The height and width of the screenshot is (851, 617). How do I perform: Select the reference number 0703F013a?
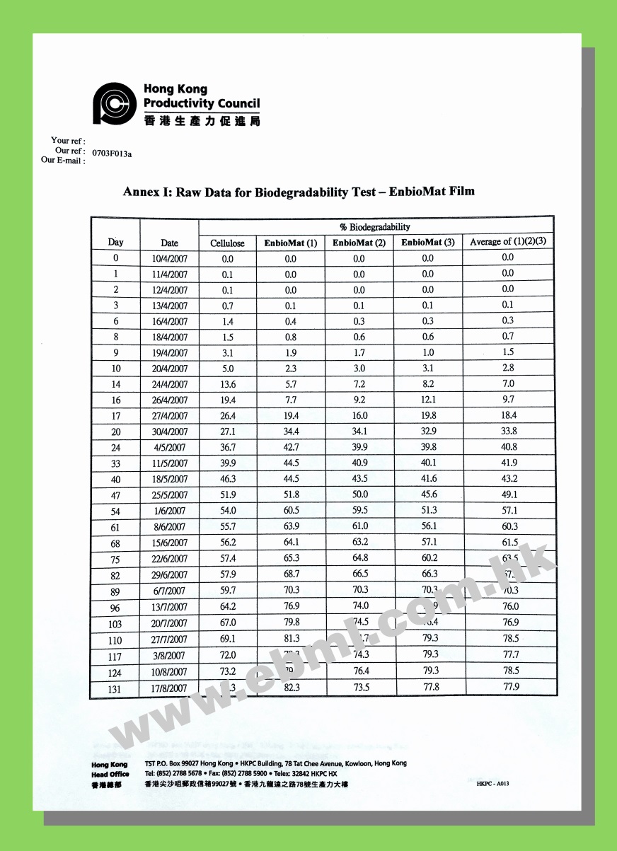pyautogui.click(x=112, y=153)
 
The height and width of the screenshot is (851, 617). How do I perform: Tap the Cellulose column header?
pyautogui.click(x=227, y=243)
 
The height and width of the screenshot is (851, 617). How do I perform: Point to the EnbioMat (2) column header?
pyautogui.click(x=359, y=243)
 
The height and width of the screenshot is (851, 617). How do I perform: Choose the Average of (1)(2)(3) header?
pyautogui.click(x=508, y=242)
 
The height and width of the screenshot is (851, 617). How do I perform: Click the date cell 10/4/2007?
pyautogui.click(x=170, y=259)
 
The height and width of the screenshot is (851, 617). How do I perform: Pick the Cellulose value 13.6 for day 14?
pyautogui.click(x=227, y=385)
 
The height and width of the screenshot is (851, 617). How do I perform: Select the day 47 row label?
pyautogui.click(x=115, y=495)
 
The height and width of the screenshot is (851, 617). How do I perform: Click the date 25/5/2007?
pyautogui.click(x=170, y=495)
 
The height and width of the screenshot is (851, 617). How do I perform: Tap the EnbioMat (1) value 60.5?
pyautogui.click(x=291, y=511)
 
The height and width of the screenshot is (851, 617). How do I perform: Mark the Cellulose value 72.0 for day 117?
pyautogui.click(x=227, y=656)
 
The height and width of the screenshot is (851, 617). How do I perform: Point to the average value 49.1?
pyautogui.click(x=509, y=494)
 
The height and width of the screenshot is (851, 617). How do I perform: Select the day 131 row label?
pyautogui.click(x=115, y=689)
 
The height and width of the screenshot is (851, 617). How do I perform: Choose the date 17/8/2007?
pyautogui.click(x=170, y=688)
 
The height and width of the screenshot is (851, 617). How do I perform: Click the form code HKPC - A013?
pyautogui.click(x=492, y=784)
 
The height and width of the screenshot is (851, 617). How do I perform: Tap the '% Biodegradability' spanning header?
pyautogui.click(x=375, y=227)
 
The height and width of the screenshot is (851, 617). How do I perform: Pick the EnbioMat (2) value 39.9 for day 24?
pyautogui.click(x=359, y=447)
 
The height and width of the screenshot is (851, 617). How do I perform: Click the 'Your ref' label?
pyautogui.click(x=69, y=141)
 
